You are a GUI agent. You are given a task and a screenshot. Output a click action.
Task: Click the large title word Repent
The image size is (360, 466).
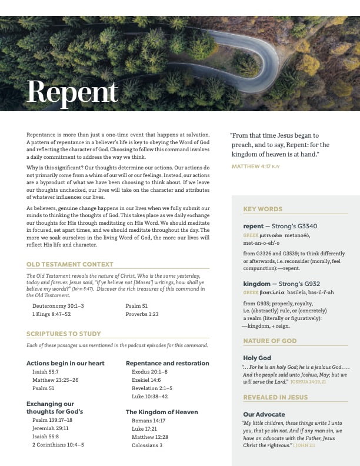point(72,91)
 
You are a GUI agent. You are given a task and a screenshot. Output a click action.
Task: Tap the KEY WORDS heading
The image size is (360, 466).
point(262,209)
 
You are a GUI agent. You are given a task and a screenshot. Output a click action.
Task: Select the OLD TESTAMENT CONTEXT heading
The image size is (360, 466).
point(70,265)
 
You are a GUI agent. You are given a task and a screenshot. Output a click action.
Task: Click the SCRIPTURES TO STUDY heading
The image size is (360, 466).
point(64,334)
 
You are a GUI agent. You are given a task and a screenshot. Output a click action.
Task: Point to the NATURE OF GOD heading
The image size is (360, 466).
point(270,341)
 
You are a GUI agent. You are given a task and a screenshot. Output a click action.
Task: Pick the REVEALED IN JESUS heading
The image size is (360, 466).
point(275,397)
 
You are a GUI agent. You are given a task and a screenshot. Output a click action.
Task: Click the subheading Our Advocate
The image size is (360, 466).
point(264,414)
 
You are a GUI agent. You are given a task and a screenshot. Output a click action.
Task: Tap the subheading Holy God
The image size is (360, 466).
point(257,358)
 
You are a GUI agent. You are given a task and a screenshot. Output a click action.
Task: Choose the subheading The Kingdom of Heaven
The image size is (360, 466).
point(162,412)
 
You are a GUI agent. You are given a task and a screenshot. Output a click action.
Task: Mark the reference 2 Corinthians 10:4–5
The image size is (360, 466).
point(58,445)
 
